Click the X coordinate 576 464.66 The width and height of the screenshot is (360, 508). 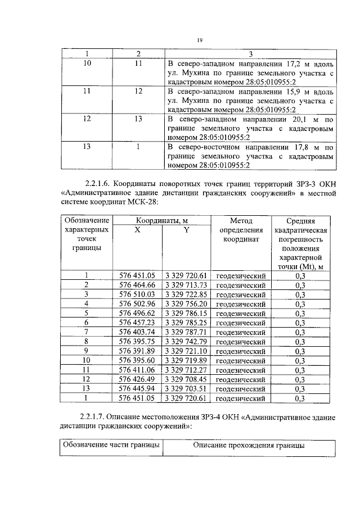pos(137,285)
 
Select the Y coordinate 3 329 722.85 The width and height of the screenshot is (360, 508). pos(186,294)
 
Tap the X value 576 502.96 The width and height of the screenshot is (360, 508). pos(137,304)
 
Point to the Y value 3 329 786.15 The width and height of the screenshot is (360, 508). pos(186,314)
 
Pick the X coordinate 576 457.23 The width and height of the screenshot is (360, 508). pos(137,323)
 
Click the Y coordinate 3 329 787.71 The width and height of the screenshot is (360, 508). pos(186,332)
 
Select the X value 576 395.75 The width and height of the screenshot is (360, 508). pos(137,342)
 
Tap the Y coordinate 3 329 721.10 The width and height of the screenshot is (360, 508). pos(186,351)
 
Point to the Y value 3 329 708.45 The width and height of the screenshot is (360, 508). pos(186,379)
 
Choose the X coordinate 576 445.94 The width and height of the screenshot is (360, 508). pos(137,389)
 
